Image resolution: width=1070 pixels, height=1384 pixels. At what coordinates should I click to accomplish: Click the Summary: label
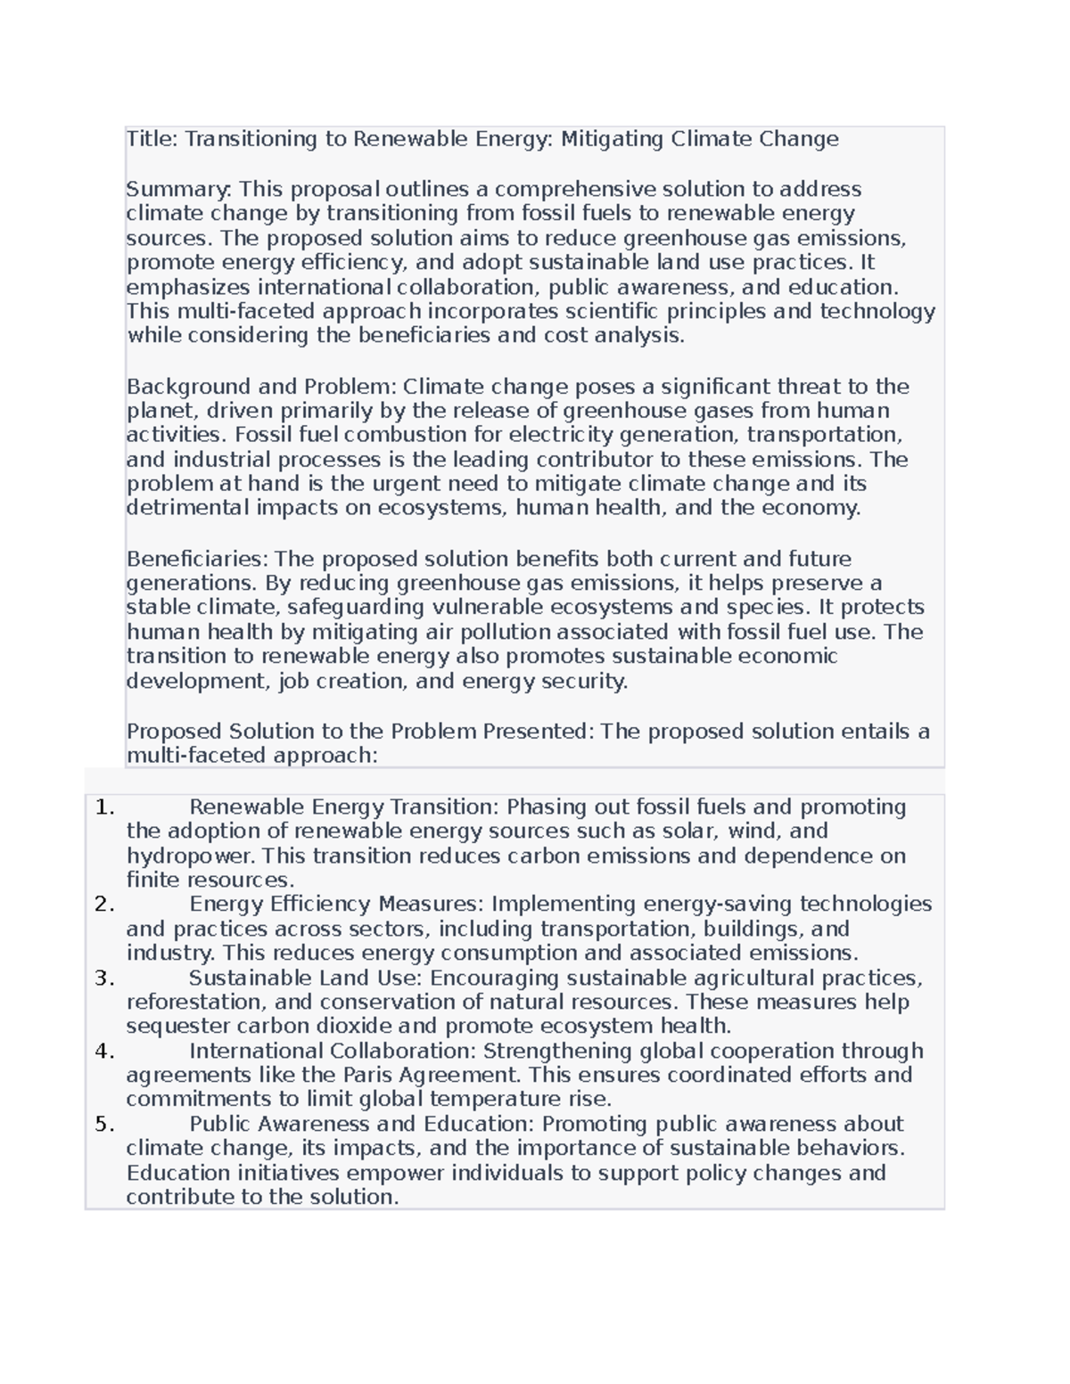(179, 189)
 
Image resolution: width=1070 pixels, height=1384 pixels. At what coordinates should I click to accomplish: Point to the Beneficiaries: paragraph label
(197, 560)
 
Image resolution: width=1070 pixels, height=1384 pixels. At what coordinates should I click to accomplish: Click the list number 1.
(104, 807)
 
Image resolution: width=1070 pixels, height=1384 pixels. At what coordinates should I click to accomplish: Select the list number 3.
(104, 979)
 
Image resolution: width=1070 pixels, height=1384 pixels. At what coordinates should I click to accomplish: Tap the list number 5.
(104, 1125)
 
